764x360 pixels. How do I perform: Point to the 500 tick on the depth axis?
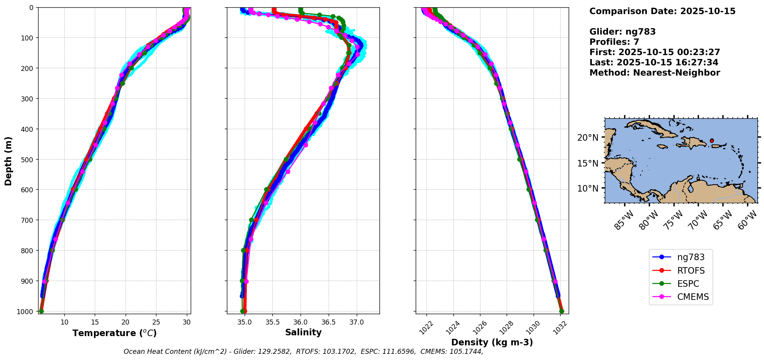pyautogui.click(x=29, y=159)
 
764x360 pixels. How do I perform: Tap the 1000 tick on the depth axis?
pyautogui.click(x=27, y=311)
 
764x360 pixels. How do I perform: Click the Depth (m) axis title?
pyautogui.click(x=8, y=161)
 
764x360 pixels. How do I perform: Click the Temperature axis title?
pyautogui.click(x=114, y=333)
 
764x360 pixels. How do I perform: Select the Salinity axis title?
pyautogui.click(x=303, y=332)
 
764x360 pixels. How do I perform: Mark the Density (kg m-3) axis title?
pyautogui.click(x=492, y=342)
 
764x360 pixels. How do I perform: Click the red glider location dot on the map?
pyautogui.click(x=712, y=141)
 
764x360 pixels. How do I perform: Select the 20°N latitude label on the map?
pyautogui.click(x=589, y=138)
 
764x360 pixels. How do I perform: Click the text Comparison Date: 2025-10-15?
pyautogui.click(x=662, y=11)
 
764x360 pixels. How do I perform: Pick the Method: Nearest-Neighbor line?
pyautogui.click(x=655, y=73)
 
